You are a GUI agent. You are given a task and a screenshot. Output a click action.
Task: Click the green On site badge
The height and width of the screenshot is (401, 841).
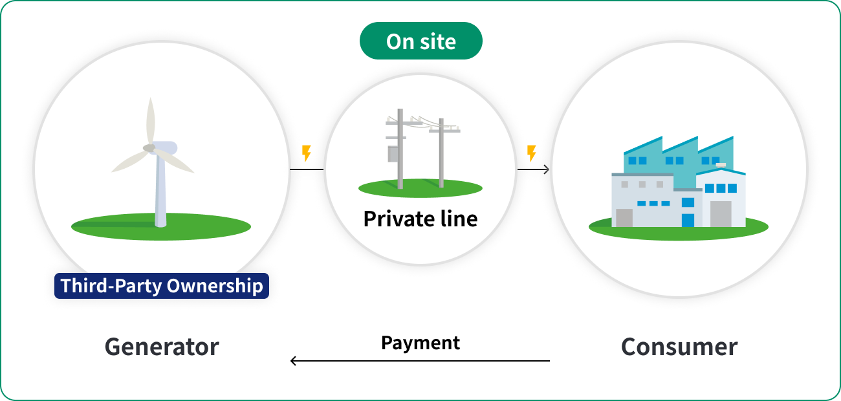pos(421,41)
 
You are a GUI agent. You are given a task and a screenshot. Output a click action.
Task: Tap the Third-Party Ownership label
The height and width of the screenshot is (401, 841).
pos(162,286)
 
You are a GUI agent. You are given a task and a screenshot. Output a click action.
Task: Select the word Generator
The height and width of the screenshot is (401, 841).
pos(162,347)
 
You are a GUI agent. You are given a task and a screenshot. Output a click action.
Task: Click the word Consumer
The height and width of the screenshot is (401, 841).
pos(679,347)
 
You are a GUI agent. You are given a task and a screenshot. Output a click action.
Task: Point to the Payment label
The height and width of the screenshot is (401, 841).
pos(420,343)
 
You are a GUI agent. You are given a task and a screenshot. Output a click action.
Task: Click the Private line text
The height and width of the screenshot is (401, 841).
pos(420,219)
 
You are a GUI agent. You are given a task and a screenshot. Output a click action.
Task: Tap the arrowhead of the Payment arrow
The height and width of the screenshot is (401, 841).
pos(293,361)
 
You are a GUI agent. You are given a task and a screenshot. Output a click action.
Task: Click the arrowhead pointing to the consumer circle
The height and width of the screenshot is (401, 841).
pos(547,169)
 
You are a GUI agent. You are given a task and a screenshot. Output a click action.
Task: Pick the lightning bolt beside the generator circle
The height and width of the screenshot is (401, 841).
pos(307,153)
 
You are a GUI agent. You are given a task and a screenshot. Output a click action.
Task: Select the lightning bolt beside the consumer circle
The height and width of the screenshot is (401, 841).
pos(532,153)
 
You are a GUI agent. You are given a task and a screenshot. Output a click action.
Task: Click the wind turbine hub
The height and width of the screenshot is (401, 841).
pos(149,148)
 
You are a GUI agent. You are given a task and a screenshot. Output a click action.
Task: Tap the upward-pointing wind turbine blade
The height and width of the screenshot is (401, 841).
pos(151,120)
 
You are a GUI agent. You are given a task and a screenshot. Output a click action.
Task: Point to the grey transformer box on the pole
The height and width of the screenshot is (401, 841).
pos(393,154)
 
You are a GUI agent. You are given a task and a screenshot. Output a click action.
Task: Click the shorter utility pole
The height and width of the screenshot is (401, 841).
pos(441,153)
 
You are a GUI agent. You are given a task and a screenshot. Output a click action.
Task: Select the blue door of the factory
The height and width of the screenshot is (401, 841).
pos(688,220)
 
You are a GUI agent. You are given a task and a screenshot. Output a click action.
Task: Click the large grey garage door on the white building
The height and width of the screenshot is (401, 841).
pos(721,214)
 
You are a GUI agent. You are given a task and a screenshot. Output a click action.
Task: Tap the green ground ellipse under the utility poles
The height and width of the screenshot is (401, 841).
pos(420,188)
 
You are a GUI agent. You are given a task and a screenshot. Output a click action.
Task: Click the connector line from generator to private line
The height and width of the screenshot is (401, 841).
pos(307,169)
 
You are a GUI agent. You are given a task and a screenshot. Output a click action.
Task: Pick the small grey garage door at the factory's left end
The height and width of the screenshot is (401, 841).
pos(624,218)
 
